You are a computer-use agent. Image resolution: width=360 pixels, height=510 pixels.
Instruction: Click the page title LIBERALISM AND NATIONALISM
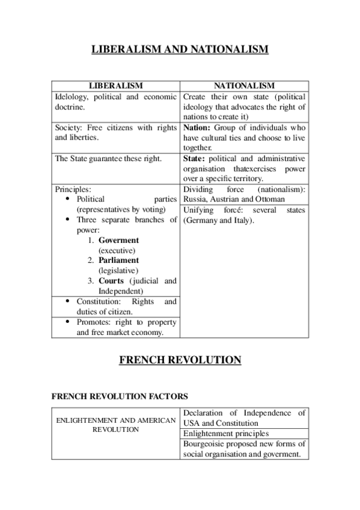(180, 49)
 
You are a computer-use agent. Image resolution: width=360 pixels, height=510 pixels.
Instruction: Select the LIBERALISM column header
(116, 86)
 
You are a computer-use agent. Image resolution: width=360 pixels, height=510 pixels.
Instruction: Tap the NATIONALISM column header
(244, 86)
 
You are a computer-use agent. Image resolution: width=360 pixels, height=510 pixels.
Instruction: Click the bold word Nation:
(197, 127)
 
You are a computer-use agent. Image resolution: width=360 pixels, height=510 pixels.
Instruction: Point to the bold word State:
(195, 159)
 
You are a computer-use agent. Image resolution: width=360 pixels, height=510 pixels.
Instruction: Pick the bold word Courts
(111, 281)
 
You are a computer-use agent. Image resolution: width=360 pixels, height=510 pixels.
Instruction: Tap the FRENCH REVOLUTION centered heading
(180, 360)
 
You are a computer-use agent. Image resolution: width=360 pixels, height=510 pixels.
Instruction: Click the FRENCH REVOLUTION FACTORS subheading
(120, 396)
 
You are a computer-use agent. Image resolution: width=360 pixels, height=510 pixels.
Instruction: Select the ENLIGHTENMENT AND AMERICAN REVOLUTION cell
(116, 425)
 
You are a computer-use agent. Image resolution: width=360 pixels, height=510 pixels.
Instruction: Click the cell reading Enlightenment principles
(225, 433)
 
